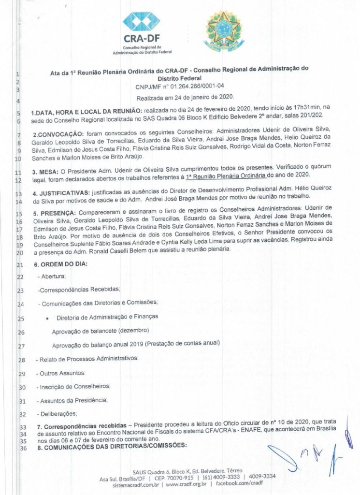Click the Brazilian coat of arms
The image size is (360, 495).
click(x=224, y=30)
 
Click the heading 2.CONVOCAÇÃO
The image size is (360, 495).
click(x=60, y=133)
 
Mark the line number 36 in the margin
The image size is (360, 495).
click(x=22, y=447)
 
